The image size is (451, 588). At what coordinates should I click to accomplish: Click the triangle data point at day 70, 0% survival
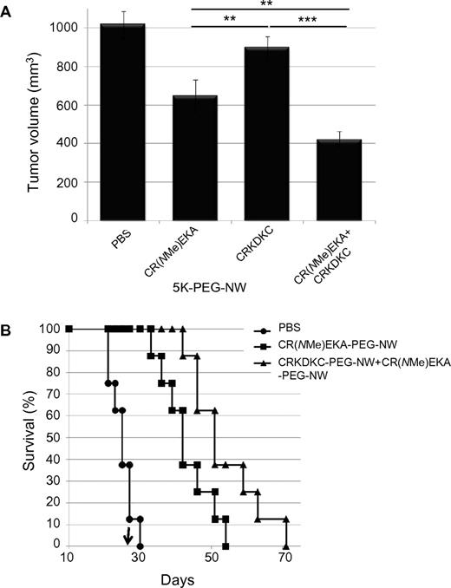tap(285, 546)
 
